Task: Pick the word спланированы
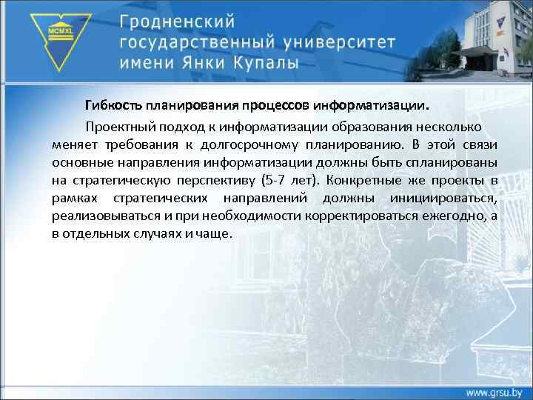tap(457, 161)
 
